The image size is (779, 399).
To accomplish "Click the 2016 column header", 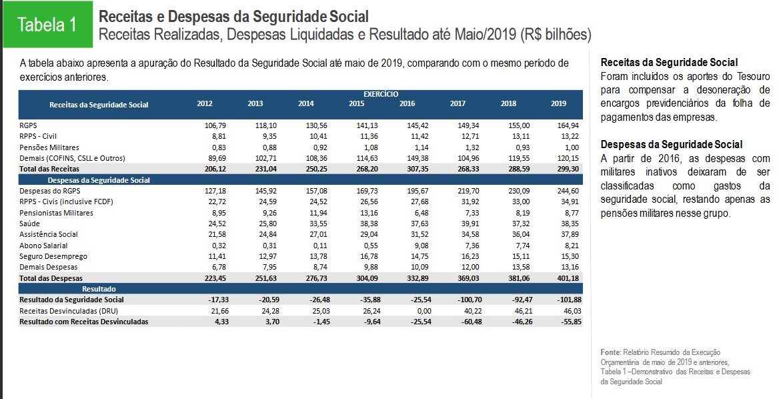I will coord(407,103).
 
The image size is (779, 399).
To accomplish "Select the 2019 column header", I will coord(558,103).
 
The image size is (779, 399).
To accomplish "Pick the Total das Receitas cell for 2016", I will coord(407,169).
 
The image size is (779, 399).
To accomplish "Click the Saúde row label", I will coord(30,224).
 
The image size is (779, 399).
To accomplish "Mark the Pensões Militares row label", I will coord(49,147).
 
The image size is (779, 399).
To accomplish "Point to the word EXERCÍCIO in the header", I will coord(381,94).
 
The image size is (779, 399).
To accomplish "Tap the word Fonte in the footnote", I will coord(610,352).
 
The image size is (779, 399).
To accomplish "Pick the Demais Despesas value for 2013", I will coord(257,267).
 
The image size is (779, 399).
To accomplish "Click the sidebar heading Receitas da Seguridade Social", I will coord(669,62).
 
